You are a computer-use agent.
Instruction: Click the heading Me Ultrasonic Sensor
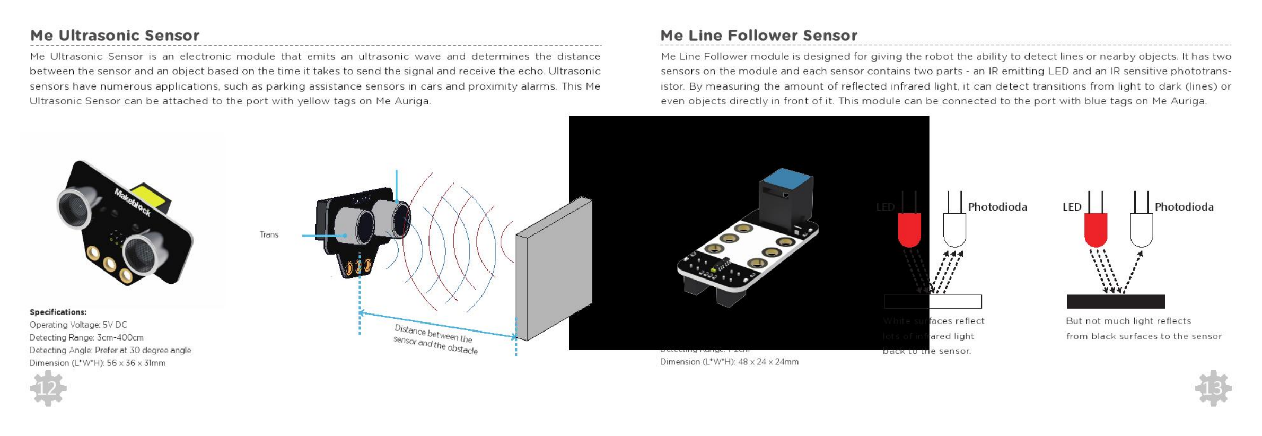click(115, 36)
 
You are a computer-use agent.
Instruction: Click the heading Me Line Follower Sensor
click(758, 36)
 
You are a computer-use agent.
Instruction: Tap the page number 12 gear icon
click(48, 388)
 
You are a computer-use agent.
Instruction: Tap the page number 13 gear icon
click(1213, 388)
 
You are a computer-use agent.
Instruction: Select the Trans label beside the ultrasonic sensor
click(269, 234)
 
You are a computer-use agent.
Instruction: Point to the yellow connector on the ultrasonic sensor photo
click(150, 198)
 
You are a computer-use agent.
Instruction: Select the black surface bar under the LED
click(1116, 301)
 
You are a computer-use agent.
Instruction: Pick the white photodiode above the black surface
click(1141, 229)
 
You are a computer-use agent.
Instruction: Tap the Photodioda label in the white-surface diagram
click(997, 207)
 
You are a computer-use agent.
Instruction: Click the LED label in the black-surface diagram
click(1072, 207)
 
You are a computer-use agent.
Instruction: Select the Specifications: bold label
click(58, 312)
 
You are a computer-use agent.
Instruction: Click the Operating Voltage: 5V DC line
click(78, 325)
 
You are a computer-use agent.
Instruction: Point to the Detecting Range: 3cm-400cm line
click(86, 337)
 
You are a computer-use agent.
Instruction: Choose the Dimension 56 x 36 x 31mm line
click(98, 363)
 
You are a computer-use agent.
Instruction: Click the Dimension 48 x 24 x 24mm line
click(729, 362)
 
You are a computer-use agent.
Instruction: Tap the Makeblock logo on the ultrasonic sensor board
click(133, 202)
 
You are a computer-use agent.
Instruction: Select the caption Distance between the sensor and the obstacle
click(435, 339)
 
